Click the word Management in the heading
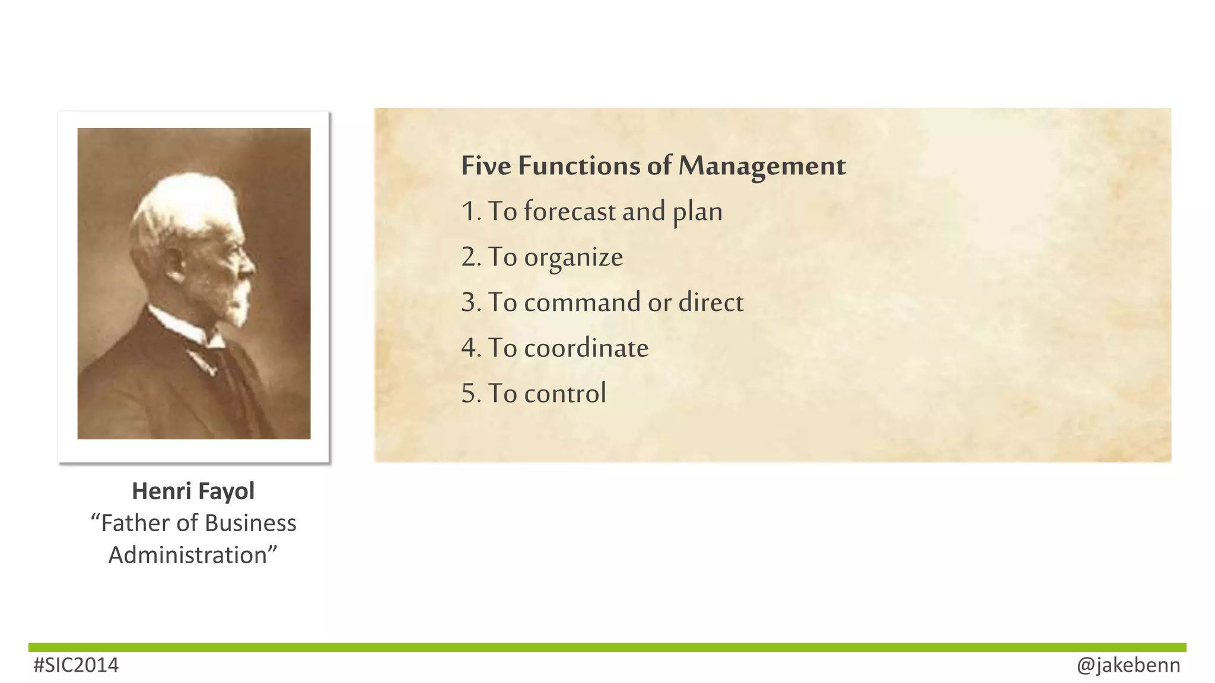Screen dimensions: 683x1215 (x=762, y=166)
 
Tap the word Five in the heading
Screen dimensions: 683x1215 (x=486, y=166)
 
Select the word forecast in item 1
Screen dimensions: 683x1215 (x=570, y=212)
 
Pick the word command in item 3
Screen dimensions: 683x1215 (x=582, y=303)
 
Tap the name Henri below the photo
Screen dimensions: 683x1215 (x=161, y=491)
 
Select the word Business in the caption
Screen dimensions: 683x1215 (x=250, y=524)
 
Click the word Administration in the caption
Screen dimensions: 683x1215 (x=189, y=556)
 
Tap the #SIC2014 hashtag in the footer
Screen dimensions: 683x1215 (x=76, y=665)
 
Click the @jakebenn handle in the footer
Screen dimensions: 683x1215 (x=1128, y=665)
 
